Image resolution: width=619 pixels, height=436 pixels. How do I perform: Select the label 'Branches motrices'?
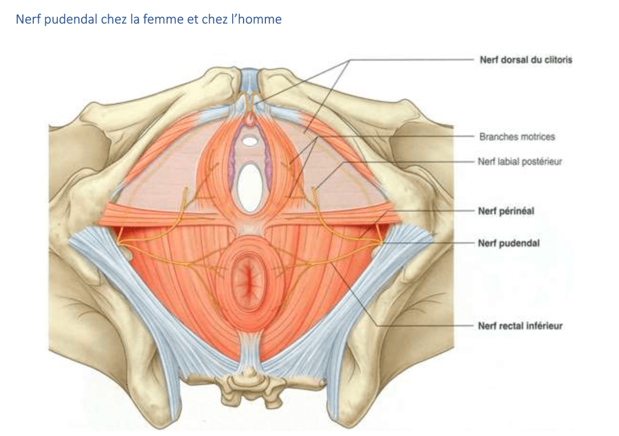point(516,137)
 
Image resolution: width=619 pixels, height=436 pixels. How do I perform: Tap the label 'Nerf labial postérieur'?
point(520,161)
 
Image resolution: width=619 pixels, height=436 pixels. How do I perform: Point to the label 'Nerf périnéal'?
point(506,211)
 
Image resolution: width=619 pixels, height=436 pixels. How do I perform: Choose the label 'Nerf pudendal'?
point(508,242)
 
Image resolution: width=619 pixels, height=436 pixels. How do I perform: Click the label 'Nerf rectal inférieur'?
point(520,326)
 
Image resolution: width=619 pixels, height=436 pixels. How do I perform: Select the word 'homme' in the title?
point(262,19)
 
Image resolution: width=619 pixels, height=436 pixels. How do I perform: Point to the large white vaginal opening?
point(249,188)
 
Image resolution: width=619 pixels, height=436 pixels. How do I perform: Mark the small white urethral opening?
point(249,141)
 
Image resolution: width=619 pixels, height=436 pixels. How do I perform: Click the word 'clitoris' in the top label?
point(556,60)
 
